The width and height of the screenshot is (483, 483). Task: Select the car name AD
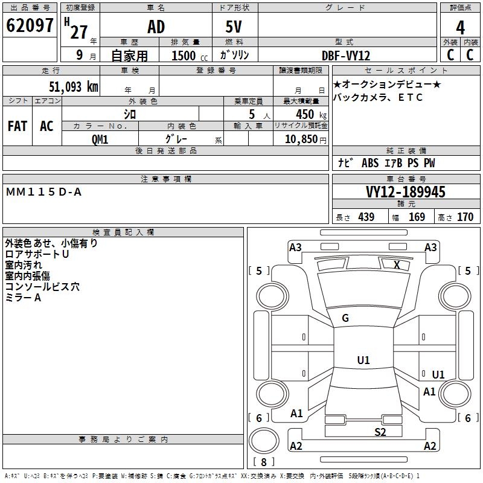pos(156,28)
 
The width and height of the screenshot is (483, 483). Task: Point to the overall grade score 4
pos(460,28)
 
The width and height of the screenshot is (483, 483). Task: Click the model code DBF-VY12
pos(346,55)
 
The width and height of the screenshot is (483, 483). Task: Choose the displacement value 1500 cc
pos(184,56)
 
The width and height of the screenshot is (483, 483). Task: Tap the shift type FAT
pos(17,126)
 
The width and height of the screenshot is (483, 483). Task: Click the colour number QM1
pos(100,139)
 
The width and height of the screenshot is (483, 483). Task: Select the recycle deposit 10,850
pos(300,139)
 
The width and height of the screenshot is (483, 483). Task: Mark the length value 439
pos(366,217)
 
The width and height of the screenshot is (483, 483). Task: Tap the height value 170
pos(465,217)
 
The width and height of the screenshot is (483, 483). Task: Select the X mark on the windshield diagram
pos(397,264)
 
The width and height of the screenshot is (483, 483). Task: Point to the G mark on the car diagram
pos(345,318)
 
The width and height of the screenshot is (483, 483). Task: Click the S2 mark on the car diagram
pos(380,431)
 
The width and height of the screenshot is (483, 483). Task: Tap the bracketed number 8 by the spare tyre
pos(263,462)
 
